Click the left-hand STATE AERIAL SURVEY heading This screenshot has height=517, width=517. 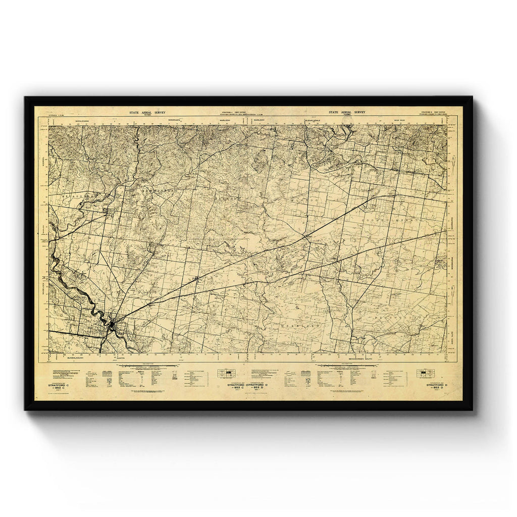(147, 113)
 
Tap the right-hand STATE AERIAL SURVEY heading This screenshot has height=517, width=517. (346, 113)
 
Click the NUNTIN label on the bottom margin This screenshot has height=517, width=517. (120, 357)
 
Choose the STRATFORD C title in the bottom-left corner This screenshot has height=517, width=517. (60, 386)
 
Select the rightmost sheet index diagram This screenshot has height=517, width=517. (425, 374)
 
